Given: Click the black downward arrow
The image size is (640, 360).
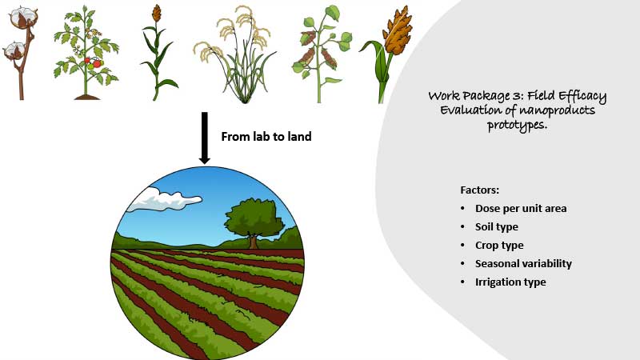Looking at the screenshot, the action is pyautogui.click(x=205, y=138).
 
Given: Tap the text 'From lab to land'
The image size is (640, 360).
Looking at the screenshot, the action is pyautogui.click(x=266, y=136).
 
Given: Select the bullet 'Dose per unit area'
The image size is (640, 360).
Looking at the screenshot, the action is pyautogui.click(x=521, y=209).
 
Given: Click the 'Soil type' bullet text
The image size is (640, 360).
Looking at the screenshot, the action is pyautogui.click(x=496, y=227).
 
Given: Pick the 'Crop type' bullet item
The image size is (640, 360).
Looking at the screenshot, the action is pyautogui.click(x=499, y=246).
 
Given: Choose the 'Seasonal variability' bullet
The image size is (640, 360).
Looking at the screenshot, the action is pyautogui.click(x=523, y=264).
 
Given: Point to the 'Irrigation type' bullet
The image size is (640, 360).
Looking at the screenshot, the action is pyautogui.click(x=510, y=282).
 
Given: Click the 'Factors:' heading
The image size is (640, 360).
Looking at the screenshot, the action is pyautogui.click(x=479, y=190).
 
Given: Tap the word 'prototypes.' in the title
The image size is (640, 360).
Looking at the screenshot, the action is pyautogui.click(x=517, y=125).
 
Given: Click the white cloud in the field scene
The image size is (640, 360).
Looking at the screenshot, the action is pyautogui.click(x=163, y=200).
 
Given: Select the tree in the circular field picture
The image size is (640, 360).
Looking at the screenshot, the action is pyautogui.click(x=254, y=222).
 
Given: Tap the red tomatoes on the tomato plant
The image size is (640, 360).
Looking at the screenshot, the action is pyautogui.click(x=94, y=62).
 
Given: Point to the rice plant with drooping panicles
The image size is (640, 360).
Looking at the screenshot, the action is pyautogui.click(x=236, y=55).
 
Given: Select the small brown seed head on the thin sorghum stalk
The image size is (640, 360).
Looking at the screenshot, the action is pyautogui.click(x=156, y=13).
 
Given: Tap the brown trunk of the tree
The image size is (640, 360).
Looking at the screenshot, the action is pyautogui.click(x=254, y=241).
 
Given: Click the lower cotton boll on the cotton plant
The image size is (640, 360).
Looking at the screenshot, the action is pyautogui.click(x=14, y=50).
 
